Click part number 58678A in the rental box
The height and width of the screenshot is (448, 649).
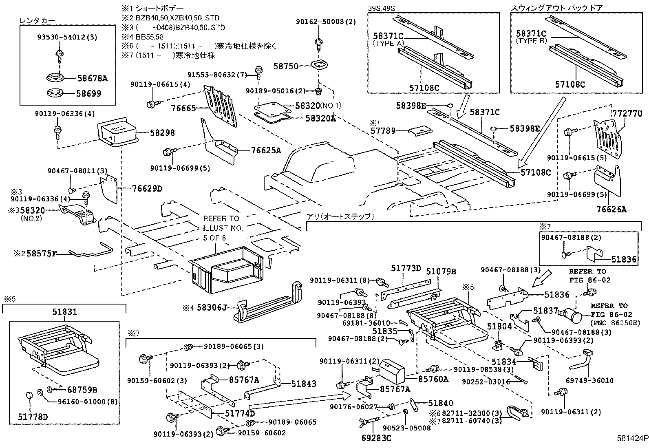pos(92,79)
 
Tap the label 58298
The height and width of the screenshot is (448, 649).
pos(162,132)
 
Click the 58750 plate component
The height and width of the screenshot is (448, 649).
pos(320,65)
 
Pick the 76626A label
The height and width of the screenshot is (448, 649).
pos(611,210)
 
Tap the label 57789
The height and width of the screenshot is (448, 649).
pos(383,131)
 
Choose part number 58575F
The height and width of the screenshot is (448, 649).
pos(41,254)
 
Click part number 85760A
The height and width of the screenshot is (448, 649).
pos(433,380)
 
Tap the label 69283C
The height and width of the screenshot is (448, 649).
pos(376,438)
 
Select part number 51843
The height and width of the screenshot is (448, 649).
pos(304,384)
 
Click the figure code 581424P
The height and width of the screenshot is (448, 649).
pos(631,439)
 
